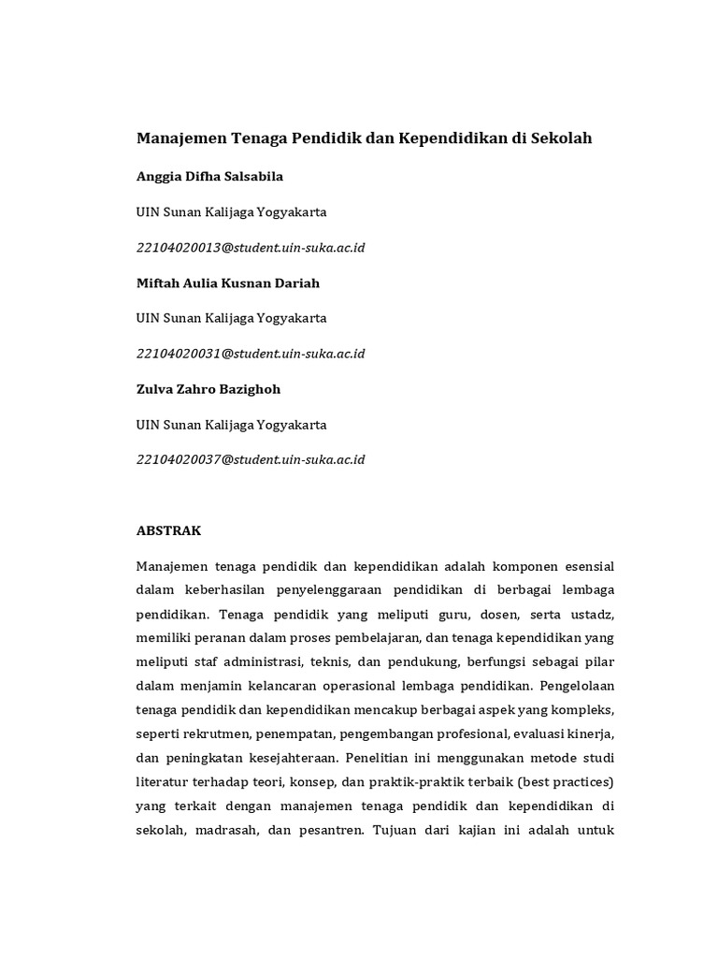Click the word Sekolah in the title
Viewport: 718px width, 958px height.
(x=562, y=138)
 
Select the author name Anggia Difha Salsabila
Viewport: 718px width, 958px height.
(x=209, y=176)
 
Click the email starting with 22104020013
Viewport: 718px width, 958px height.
(x=251, y=247)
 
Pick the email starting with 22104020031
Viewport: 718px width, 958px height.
(x=251, y=354)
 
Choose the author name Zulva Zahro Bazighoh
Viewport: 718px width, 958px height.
(x=208, y=389)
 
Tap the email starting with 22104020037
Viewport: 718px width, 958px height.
(x=251, y=459)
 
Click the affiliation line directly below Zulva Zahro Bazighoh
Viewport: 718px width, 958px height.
(x=232, y=425)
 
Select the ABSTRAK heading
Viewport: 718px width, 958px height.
(x=169, y=530)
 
